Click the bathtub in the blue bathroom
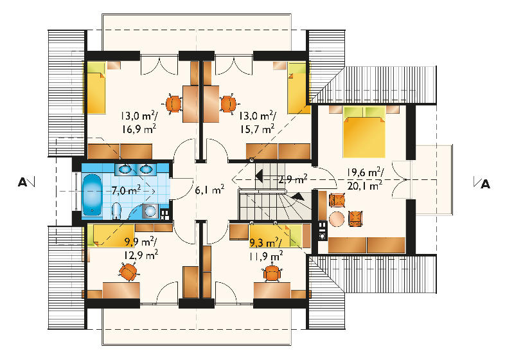point(92,195)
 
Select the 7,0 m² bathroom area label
point(127,190)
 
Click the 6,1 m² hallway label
point(210,189)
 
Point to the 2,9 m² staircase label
point(293,179)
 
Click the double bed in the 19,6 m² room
point(364,131)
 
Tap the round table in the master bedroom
point(337,219)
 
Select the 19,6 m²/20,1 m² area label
point(365,179)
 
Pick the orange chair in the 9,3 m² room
point(272,273)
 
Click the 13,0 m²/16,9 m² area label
point(139,122)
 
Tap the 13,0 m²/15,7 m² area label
point(258,122)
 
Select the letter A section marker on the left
point(22,182)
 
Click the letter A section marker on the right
point(485,184)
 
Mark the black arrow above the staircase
point(259,176)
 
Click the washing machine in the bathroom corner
point(150,211)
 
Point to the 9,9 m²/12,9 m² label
point(141,248)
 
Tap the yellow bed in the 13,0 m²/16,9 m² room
point(96,87)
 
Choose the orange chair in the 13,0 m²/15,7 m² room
point(228,104)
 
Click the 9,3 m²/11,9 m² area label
point(265,249)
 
